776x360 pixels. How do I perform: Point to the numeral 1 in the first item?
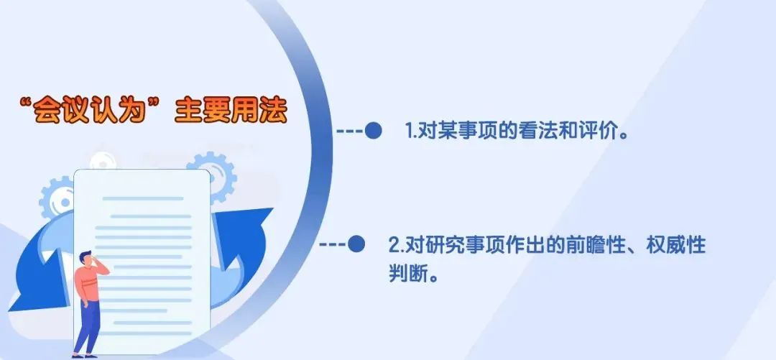410,131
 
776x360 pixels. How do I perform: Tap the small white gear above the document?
103,162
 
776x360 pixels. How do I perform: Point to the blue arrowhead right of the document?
247,229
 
